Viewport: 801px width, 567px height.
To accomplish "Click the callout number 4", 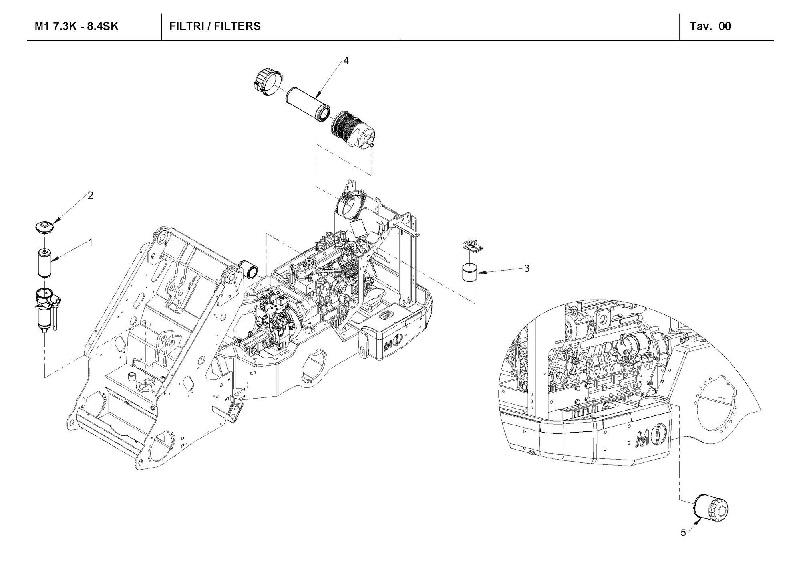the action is tap(346, 61).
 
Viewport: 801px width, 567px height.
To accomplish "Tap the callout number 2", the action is tap(91, 195).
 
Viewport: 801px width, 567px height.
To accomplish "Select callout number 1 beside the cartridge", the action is tap(91, 242).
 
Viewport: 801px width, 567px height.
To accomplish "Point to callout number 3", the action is tap(527, 269).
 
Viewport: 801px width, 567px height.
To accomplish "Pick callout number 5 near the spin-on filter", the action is tap(683, 533).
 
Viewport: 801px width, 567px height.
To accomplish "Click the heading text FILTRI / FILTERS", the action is tap(215, 26).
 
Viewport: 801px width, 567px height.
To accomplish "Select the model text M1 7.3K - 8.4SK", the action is tap(76, 26).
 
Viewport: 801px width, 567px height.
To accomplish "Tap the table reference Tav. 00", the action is tap(710, 26).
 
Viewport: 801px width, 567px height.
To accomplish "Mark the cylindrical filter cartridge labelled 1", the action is tap(45, 263).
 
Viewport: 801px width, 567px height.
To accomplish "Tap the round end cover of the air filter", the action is tap(267, 83).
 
